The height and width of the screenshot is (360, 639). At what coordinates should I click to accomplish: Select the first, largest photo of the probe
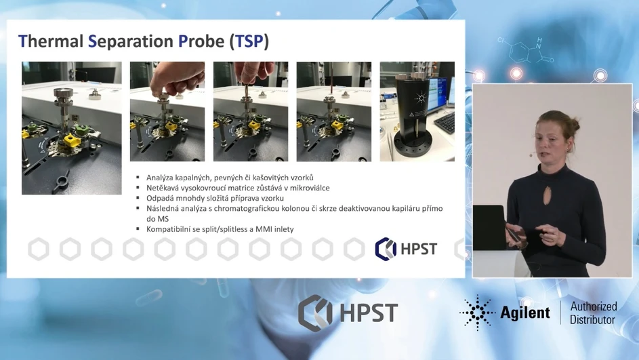[72, 127]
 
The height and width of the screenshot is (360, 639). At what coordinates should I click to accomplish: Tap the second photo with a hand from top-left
[167, 111]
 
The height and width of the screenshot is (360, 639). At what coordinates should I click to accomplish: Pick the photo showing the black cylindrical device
[417, 111]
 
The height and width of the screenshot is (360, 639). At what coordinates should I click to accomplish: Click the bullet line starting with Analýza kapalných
[230, 178]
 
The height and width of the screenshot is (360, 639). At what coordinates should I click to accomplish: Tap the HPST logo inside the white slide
[407, 249]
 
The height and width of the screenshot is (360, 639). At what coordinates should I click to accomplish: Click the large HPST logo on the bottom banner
[348, 313]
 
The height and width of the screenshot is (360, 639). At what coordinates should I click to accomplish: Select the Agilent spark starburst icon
[478, 313]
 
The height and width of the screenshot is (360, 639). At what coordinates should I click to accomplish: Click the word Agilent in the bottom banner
[525, 313]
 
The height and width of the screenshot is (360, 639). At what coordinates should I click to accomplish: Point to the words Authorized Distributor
[592, 313]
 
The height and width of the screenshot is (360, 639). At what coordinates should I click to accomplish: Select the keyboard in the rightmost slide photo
[445, 122]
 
